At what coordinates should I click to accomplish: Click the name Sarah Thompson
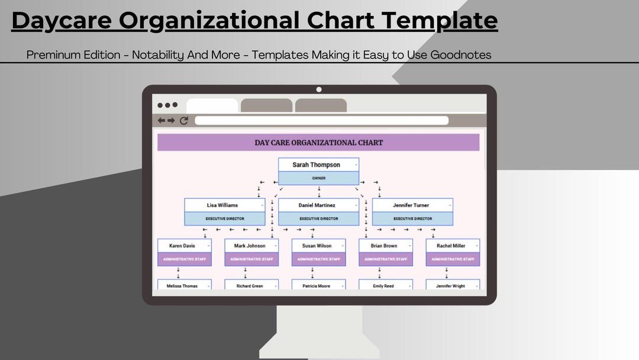tap(316, 165)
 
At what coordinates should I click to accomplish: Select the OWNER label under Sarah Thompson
tap(318, 178)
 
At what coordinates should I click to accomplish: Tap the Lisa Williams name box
tap(222, 205)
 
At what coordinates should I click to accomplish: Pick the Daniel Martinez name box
tap(317, 205)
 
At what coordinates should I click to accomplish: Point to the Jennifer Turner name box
tap(411, 205)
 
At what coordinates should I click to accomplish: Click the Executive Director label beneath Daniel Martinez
tap(318, 218)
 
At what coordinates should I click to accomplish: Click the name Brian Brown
tap(384, 246)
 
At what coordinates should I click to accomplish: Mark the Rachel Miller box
tap(451, 246)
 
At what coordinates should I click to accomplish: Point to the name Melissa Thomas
tap(182, 286)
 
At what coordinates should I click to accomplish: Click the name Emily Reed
tap(383, 286)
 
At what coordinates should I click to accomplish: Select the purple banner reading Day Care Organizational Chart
tap(318, 143)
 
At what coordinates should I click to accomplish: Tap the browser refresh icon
tap(184, 121)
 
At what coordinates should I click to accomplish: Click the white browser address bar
tap(321, 121)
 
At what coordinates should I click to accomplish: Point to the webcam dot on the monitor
tap(319, 89)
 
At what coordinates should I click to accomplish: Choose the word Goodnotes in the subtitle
tap(461, 55)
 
